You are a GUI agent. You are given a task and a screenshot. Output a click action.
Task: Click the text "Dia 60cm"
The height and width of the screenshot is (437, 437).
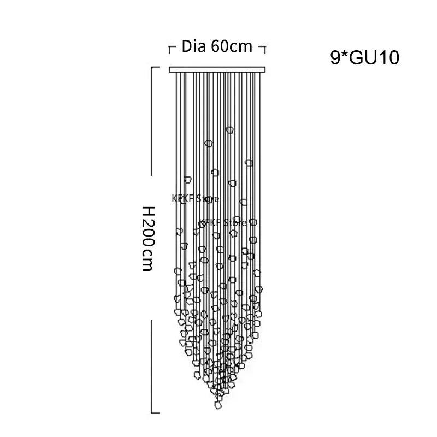point(217,46)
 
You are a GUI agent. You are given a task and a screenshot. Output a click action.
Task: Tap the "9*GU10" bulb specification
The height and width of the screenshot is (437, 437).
point(364,58)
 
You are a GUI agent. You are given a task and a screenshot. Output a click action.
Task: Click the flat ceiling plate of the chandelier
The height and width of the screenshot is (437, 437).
point(217,70)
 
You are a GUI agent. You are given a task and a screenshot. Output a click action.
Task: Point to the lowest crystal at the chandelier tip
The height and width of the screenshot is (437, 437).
point(218,405)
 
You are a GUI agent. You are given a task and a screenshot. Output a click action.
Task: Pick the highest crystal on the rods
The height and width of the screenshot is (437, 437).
point(229,130)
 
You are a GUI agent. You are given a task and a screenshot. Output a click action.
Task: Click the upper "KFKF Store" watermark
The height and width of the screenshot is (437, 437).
point(196,199)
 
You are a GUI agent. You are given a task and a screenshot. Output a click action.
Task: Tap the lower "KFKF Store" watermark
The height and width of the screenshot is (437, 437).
point(223,223)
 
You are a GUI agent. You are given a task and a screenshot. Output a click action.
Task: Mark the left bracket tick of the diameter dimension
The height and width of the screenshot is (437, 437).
point(170,49)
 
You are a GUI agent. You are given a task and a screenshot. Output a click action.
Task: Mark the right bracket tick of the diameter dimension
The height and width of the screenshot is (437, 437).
point(263,49)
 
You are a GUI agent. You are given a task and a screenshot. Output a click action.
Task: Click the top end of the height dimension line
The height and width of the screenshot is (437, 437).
point(152,67)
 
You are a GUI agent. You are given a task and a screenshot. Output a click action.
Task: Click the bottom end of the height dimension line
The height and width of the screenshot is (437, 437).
point(152,413)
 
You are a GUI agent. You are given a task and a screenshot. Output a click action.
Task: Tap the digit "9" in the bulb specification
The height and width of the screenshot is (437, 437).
point(335,58)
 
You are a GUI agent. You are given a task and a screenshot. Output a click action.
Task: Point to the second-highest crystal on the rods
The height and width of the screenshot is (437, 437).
point(208,144)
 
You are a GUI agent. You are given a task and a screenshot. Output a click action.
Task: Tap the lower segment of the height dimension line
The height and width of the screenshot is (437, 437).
point(152,366)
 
